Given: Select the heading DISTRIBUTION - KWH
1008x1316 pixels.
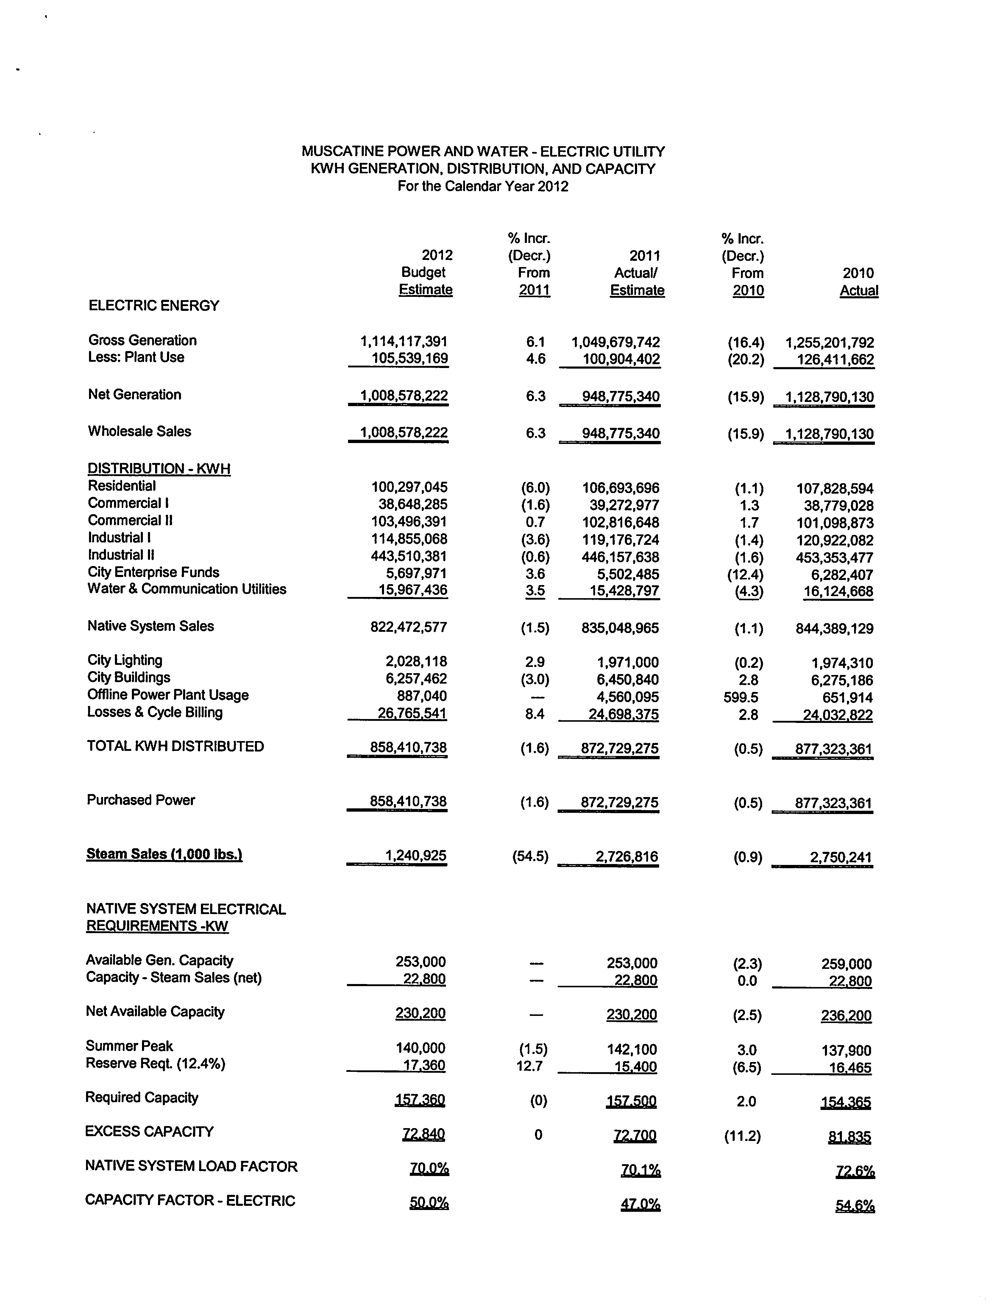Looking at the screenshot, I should click(x=159, y=469).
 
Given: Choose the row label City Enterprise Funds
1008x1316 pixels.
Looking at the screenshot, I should click(x=154, y=572).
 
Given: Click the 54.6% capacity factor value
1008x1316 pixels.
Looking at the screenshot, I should click(x=855, y=1206).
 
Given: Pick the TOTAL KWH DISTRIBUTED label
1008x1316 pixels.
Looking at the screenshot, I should click(x=175, y=746).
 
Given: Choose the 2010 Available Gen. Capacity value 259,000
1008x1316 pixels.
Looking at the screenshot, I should click(x=847, y=964).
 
